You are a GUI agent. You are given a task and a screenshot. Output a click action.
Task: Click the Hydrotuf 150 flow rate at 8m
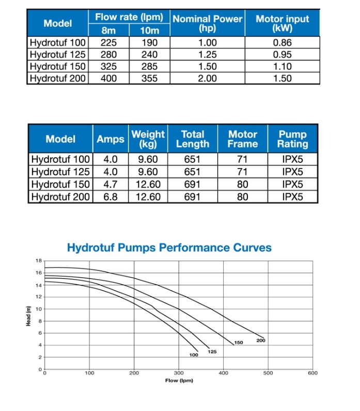pyautogui.click(x=108, y=66)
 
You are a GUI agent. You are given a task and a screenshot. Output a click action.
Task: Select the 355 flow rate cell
pyautogui.click(x=149, y=79)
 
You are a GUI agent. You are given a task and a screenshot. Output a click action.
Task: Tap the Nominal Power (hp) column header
pyautogui.click(x=207, y=23)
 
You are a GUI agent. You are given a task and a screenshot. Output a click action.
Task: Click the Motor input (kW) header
pyautogui.click(x=282, y=23)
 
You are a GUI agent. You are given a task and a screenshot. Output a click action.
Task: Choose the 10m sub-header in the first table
pyautogui.click(x=149, y=31)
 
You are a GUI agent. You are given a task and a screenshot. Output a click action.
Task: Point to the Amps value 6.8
pyautogui.click(x=111, y=197)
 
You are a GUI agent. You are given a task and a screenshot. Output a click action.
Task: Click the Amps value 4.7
pyautogui.click(x=111, y=185)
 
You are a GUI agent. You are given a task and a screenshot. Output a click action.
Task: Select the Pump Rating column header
pyautogui.click(x=292, y=139)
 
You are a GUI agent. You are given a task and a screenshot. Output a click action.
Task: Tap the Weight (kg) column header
pyautogui.click(x=148, y=139)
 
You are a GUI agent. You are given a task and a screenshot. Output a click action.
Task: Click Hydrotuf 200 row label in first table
pyautogui.click(x=57, y=79)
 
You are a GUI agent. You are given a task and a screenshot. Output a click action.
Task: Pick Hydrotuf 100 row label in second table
pyautogui.click(x=60, y=159)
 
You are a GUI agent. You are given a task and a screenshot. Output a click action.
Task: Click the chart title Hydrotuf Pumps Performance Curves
pyautogui.click(x=169, y=248)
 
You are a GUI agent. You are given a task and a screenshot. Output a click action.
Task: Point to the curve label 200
pyautogui.click(x=261, y=341)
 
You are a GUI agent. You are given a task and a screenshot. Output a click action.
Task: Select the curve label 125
pyautogui.click(x=212, y=352)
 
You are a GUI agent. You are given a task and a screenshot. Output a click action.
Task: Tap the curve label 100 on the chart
pyautogui.click(x=193, y=355)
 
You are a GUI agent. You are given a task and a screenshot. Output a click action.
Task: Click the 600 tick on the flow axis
pyautogui.click(x=312, y=373)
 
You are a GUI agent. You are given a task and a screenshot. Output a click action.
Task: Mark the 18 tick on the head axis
pyautogui.click(x=38, y=261)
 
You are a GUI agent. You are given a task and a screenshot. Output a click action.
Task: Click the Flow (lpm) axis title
pyautogui.click(x=178, y=380)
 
